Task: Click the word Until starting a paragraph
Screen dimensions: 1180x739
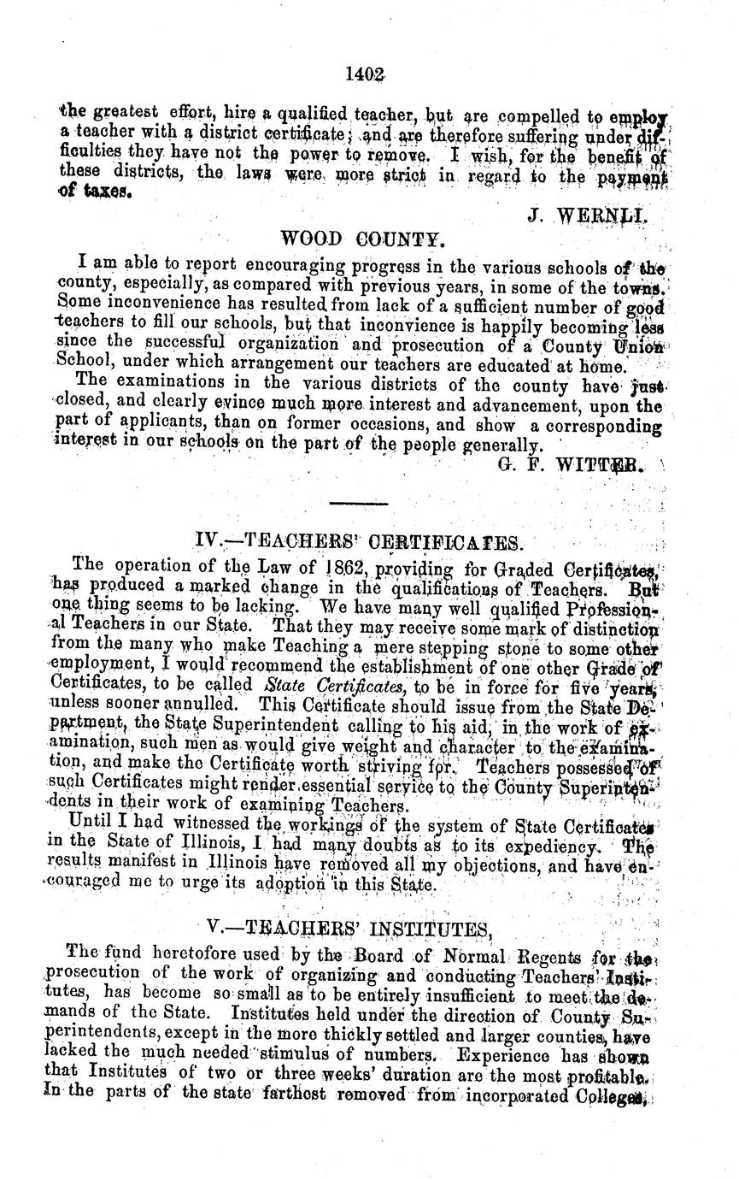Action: (96, 827)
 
